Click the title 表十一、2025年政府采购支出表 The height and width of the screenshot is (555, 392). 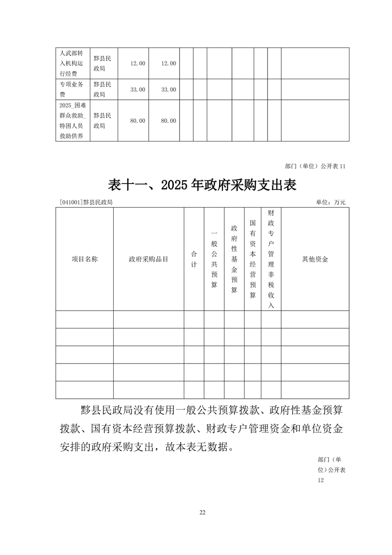[202, 185]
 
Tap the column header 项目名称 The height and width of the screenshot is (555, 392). [85, 259]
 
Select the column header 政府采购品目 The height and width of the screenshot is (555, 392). [148, 259]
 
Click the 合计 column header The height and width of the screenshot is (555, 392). [194, 259]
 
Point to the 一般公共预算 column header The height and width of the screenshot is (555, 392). [214, 259]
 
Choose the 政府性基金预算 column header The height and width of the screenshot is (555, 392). [234, 259]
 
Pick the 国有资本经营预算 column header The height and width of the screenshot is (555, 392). [253, 259]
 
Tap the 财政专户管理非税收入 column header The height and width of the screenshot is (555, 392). [271, 259]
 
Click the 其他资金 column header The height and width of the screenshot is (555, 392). [315, 259]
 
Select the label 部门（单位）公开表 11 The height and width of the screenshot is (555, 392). [315, 166]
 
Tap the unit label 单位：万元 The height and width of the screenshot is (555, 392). [331, 202]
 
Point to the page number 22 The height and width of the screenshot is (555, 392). [202, 512]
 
